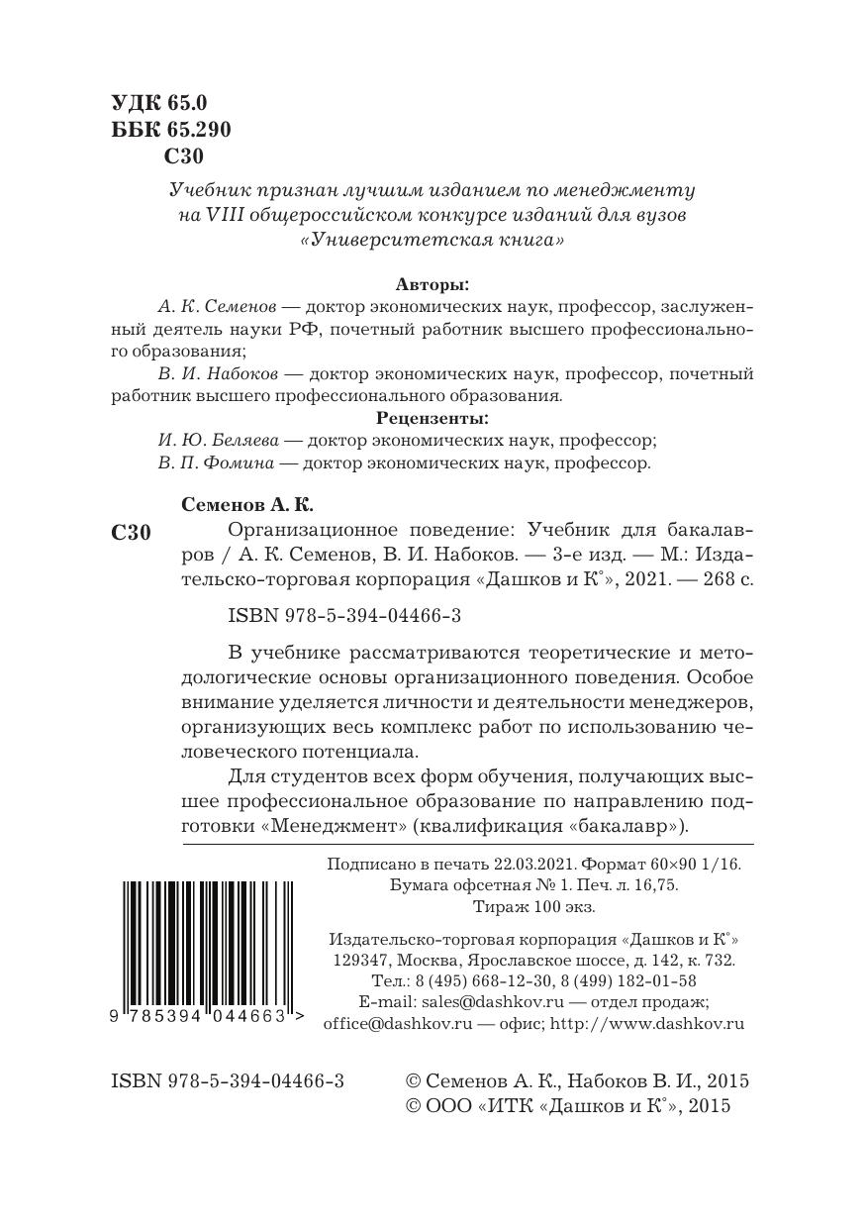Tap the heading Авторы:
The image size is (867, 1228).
tap(433, 283)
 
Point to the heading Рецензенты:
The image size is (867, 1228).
tap(433, 418)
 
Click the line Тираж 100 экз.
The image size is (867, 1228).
tap(534, 906)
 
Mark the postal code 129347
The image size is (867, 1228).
tap(357, 960)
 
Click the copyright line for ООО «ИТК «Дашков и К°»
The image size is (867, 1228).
tap(568, 1106)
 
